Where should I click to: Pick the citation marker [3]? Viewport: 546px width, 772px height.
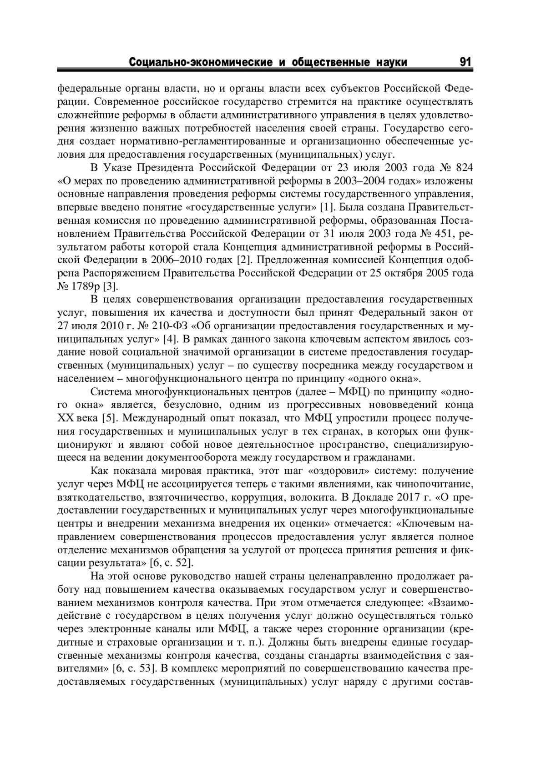[110, 286]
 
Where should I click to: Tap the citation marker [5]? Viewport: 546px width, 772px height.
[107, 418]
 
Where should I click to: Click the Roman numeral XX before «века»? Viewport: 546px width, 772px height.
[66, 418]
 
